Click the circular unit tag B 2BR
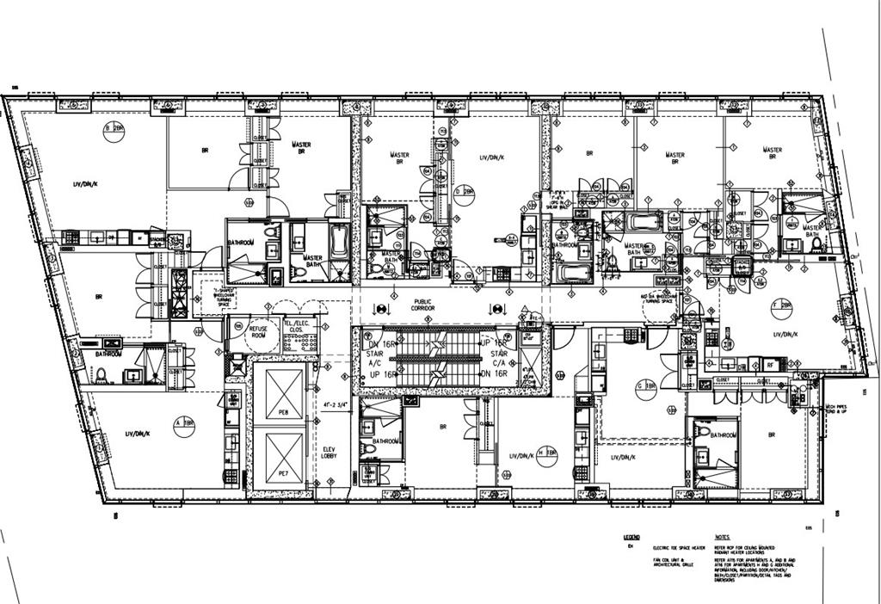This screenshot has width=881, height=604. tap(112, 129)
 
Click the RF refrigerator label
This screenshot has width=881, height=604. tap(770, 364)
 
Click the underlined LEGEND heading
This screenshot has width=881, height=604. tap(631, 537)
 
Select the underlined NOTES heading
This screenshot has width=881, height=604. tap(723, 537)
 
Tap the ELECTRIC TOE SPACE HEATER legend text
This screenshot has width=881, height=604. tap(680, 548)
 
